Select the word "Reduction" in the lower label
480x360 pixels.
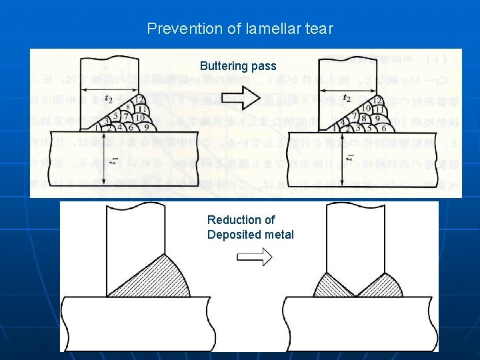pos(232,219)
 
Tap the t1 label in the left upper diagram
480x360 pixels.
pos(115,161)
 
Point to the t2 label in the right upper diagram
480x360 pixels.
pos(347,99)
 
